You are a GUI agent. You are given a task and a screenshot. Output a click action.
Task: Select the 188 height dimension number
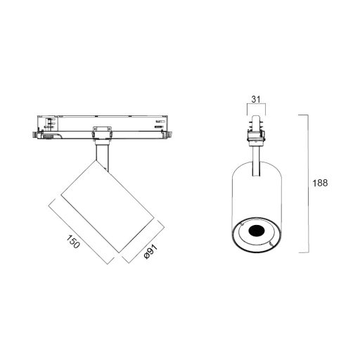coord(321,183)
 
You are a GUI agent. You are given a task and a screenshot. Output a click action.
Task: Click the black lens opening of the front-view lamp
coord(255,231)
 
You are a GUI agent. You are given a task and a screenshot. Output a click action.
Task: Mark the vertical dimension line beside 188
coord(308,183)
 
